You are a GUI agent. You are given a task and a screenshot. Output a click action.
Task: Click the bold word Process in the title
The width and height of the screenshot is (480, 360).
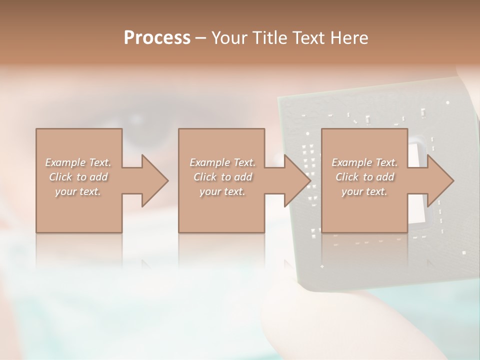coord(157,38)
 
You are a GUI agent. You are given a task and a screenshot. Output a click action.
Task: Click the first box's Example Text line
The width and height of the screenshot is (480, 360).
coord(78,162)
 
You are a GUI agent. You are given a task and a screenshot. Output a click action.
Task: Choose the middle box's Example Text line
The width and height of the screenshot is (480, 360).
coord(222,162)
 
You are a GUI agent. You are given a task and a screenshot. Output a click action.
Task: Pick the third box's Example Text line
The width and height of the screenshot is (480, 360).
coord(364,162)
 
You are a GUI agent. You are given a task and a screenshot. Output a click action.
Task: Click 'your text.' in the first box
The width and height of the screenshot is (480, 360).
coord(78,191)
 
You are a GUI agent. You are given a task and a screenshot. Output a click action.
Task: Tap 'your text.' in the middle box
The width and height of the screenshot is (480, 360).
coord(222,191)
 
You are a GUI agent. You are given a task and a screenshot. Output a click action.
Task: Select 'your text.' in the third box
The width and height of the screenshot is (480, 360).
coord(364,191)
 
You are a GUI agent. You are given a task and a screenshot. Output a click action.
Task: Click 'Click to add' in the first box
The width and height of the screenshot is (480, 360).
coord(78,177)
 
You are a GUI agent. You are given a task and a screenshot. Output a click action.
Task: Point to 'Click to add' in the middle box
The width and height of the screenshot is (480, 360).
coord(222,177)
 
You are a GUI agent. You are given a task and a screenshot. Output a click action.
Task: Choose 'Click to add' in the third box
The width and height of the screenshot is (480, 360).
coord(364,177)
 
